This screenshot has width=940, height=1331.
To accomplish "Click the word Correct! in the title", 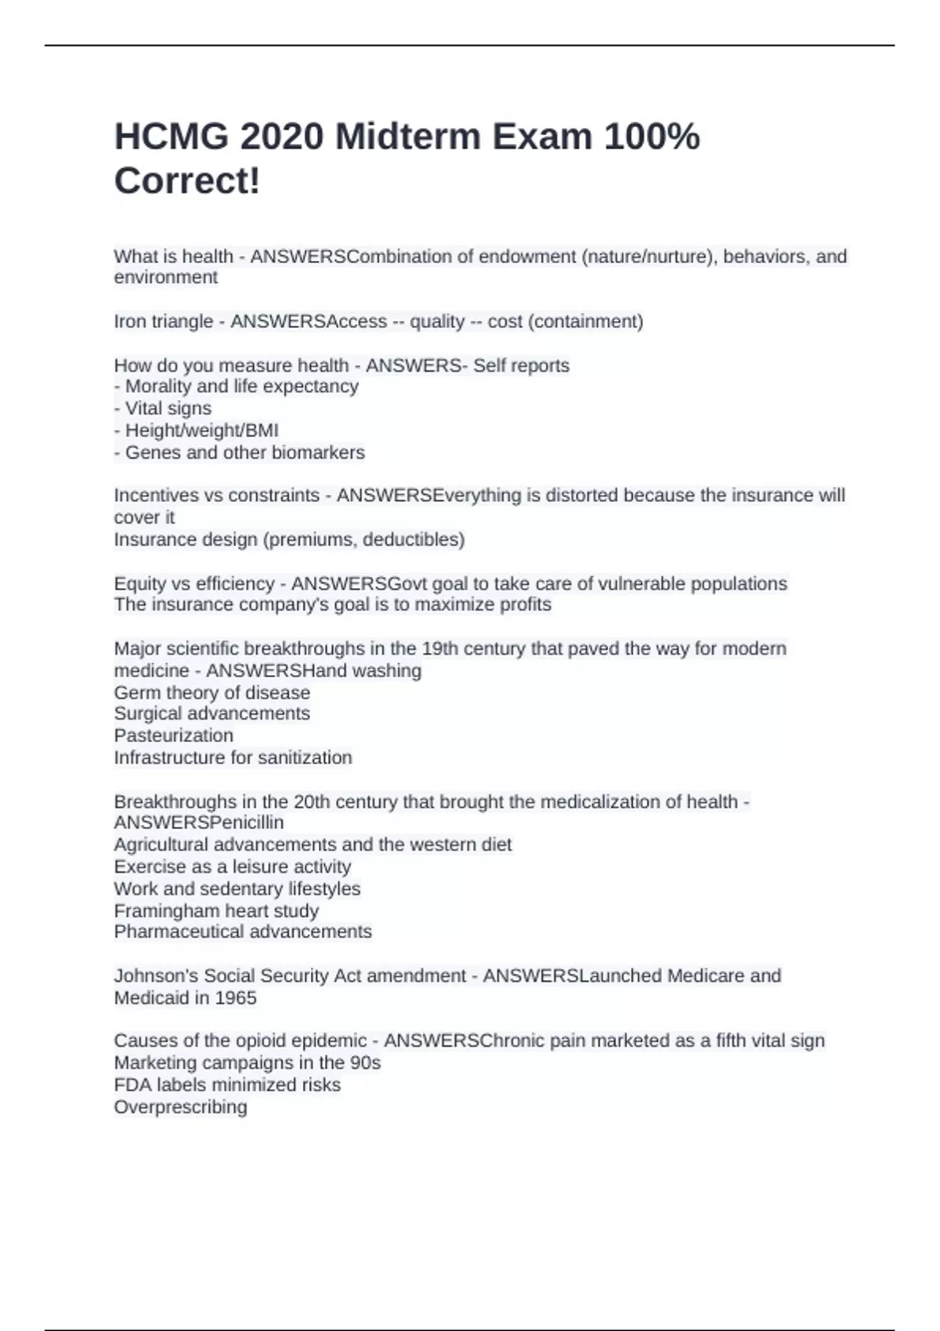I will (186, 182).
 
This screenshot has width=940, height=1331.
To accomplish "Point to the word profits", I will (524, 604).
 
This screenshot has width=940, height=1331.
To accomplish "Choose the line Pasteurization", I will (173, 736).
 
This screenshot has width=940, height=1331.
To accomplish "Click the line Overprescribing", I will (180, 1108).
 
